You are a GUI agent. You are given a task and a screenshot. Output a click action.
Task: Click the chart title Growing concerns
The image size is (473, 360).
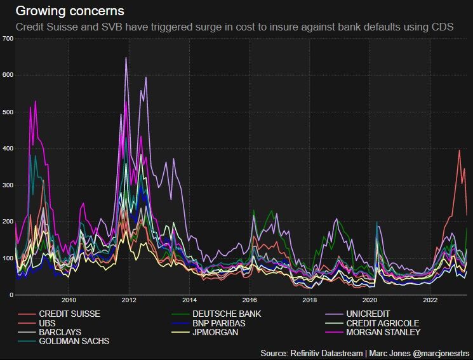pos(70,11)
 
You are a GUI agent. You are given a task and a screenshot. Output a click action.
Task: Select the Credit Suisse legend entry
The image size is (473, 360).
pos(69,314)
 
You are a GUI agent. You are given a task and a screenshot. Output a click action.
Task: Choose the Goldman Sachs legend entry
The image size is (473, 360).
pos(74,341)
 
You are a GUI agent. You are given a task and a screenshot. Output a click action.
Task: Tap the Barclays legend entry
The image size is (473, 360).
pos(60,332)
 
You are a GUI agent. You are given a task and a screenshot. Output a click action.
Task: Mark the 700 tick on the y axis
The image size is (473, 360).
pos(8,39)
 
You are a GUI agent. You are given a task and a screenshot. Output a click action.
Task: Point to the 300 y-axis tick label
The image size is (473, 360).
pos(8,185)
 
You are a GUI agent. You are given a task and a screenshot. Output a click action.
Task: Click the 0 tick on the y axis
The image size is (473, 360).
pos(11,295)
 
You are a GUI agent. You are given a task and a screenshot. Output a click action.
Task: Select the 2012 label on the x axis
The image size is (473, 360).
pos(129,300)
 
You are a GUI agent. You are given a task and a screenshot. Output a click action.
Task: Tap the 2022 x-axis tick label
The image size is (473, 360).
pos(430,300)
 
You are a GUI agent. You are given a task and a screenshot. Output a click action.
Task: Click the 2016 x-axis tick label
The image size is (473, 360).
pos(250,300)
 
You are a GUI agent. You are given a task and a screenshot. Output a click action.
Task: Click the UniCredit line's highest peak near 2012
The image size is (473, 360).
pos(126,58)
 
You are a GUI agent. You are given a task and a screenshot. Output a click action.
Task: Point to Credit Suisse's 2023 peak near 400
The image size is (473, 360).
pos(459,150)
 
